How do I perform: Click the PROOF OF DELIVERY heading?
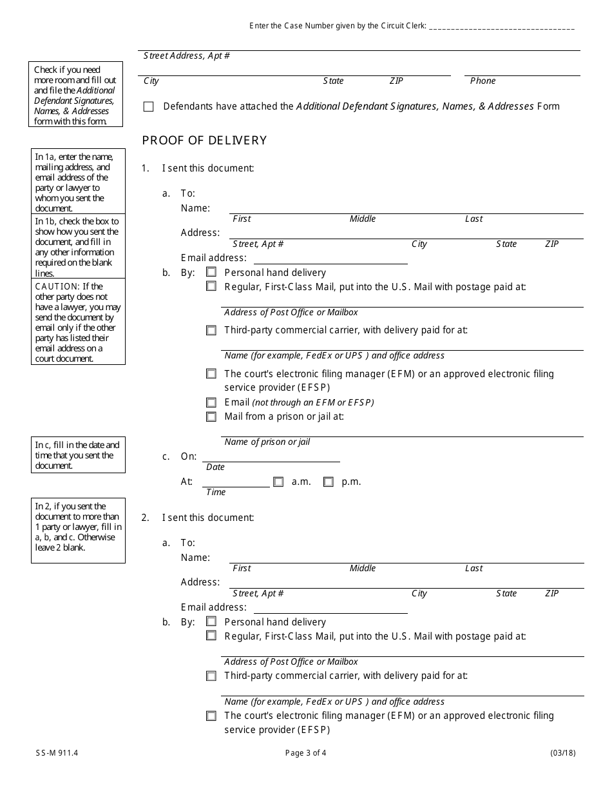coord(204,141)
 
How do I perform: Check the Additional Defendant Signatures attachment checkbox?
coord(149,107)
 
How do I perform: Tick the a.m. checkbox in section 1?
coord(278,482)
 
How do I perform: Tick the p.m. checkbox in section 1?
coord(329,482)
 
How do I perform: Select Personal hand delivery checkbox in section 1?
coord(211,273)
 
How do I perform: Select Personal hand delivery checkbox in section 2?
coord(211,622)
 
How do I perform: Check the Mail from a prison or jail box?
coord(211,416)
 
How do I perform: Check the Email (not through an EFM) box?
coord(211,402)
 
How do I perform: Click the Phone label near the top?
coord(483,81)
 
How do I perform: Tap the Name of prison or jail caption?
coord(267,442)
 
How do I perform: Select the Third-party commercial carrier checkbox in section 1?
coord(211,330)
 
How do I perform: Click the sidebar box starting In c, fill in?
coord(77,455)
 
